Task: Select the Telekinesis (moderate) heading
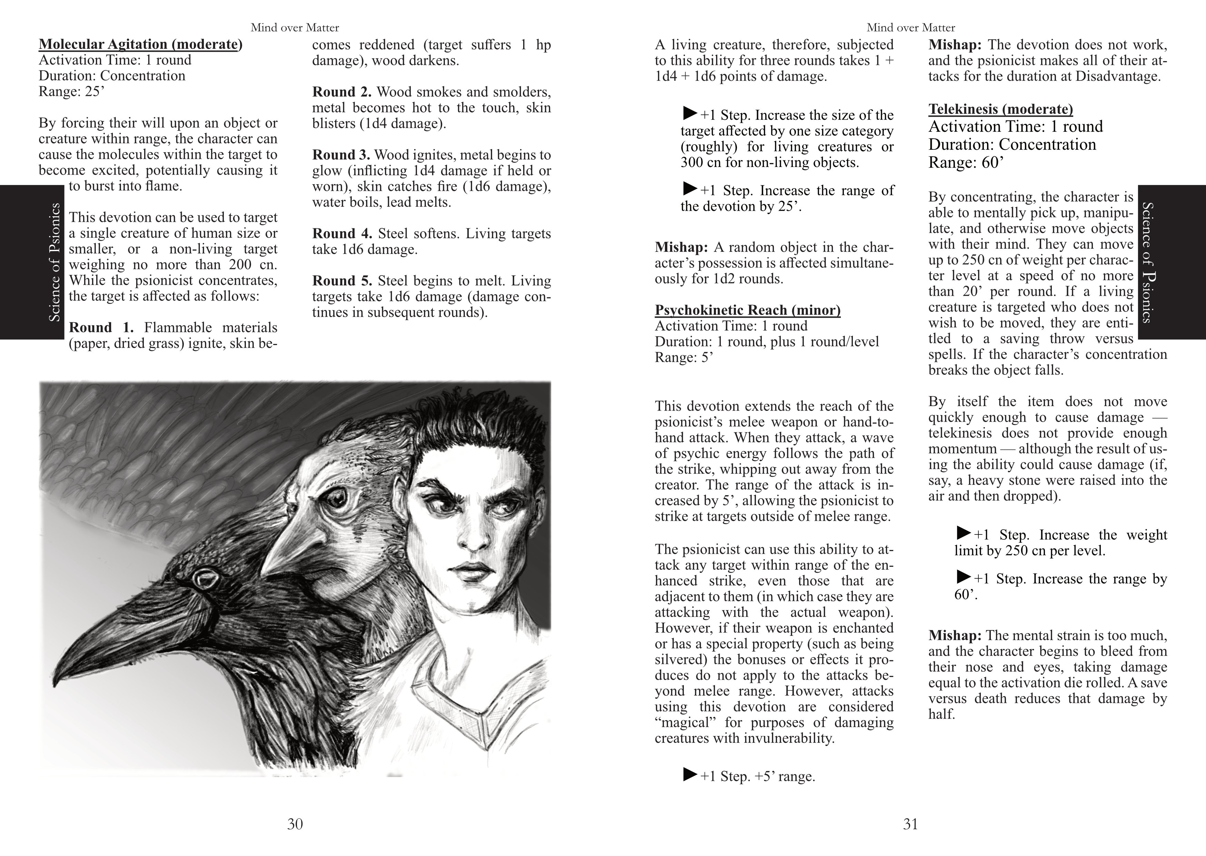1000,109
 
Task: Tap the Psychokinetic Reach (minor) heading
747,310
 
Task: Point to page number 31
910,824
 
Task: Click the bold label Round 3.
341,155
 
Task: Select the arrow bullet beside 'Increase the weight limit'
963,533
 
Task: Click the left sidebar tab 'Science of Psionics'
54,262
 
